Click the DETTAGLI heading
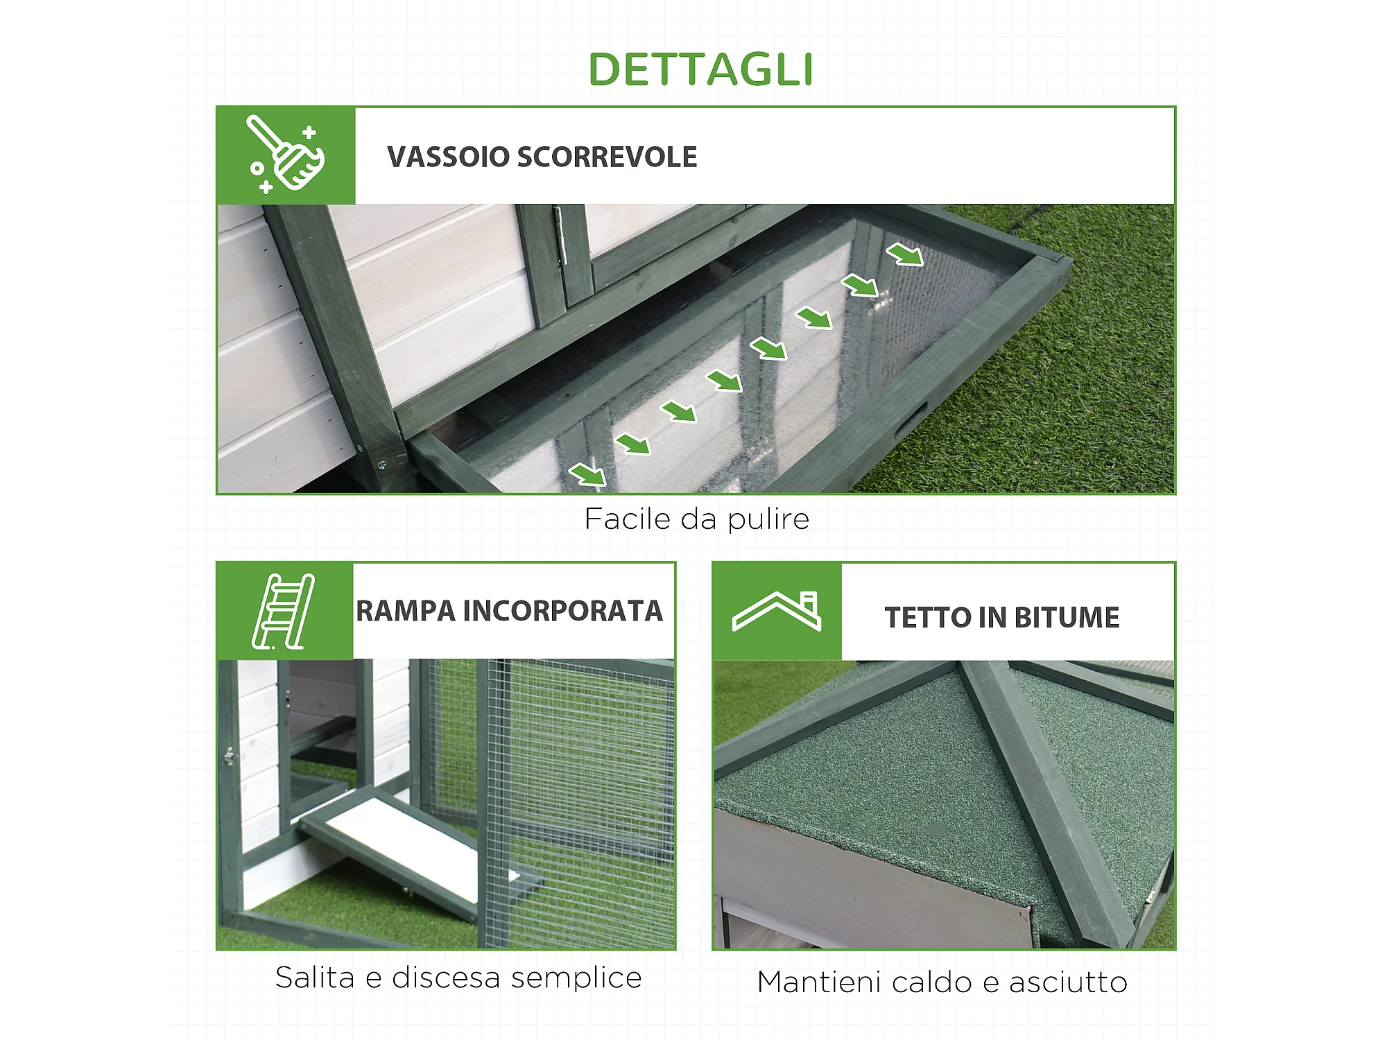pyautogui.click(x=700, y=69)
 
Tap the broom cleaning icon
pyautogui.click(x=286, y=154)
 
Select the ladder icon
pyautogui.click(x=283, y=612)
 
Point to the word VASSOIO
pyautogui.click(x=449, y=157)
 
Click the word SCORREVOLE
pyautogui.click(x=608, y=157)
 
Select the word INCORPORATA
pyautogui.click(x=563, y=612)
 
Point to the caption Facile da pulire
pyautogui.click(x=697, y=519)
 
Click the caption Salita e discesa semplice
pyautogui.click(x=458, y=978)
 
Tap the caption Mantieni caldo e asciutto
pyautogui.click(x=942, y=982)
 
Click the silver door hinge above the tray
pyautogui.click(x=560, y=234)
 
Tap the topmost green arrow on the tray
pyautogui.click(x=905, y=254)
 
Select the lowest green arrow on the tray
pyautogui.click(x=587, y=475)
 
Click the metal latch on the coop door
pyautogui.click(x=229, y=756)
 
